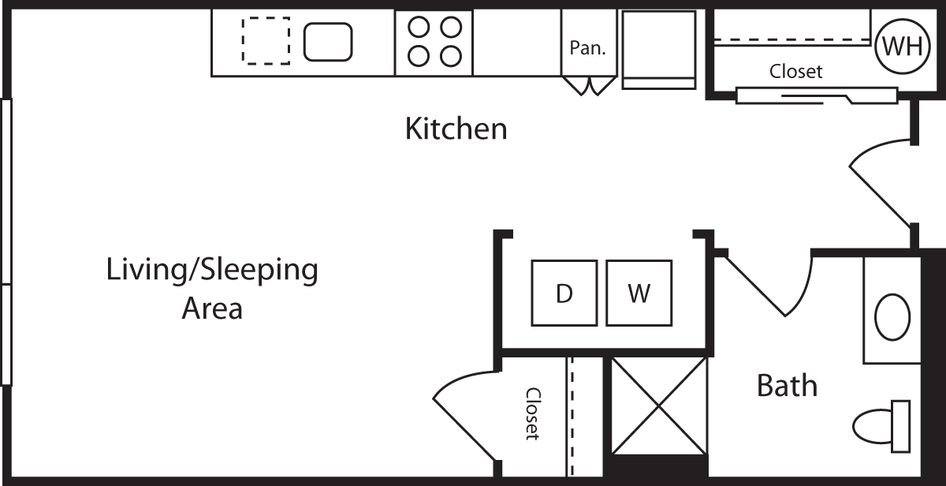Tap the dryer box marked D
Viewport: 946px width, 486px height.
tap(564, 293)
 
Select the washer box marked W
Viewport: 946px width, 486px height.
tap(639, 293)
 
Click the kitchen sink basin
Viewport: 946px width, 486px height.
tap(328, 42)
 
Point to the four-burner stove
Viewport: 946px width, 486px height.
tap(434, 42)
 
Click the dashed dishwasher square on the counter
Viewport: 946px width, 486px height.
tap(266, 41)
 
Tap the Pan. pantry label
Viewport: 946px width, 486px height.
tap(587, 47)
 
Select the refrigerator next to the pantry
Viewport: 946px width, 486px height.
tap(659, 49)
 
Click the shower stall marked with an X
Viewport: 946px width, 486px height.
tap(660, 405)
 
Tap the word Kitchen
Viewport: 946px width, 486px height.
tap(456, 128)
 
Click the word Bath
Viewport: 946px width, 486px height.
tap(786, 386)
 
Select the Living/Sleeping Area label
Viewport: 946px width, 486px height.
tap(212, 288)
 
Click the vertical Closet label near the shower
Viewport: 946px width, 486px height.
tap(533, 413)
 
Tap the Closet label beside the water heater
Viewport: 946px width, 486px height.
tap(795, 72)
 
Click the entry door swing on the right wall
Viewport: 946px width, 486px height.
tap(881, 184)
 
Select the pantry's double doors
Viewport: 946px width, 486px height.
tap(587, 85)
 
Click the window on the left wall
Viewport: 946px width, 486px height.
tap(6, 241)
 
